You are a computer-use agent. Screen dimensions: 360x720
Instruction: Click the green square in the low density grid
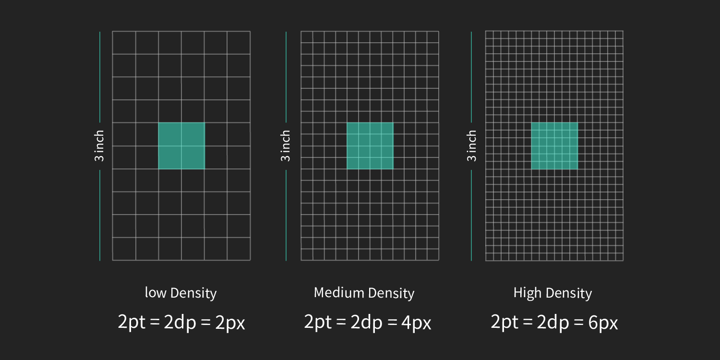[x=181, y=146]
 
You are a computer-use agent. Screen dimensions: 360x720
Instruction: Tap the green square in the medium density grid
[x=370, y=146]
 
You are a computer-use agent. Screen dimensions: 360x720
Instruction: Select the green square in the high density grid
[x=554, y=146]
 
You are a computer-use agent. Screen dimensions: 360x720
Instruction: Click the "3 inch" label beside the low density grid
[x=99, y=146]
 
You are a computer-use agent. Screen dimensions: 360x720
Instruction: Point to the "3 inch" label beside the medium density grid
[x=286, y=146]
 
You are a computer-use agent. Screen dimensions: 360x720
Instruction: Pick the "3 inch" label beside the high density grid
[x=472, y=146]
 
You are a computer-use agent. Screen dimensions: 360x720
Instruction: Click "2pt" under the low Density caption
[x=132, y=322]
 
